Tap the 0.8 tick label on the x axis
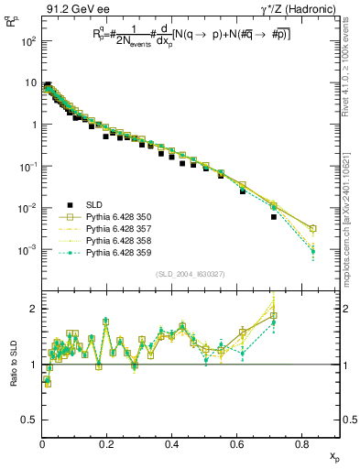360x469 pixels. [303, 447]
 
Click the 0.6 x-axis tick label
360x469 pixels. [238, 447]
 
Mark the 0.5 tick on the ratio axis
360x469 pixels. [30, 420]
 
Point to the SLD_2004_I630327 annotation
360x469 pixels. [191, 274]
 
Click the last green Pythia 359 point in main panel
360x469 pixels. [312, 251]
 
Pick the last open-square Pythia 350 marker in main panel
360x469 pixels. [312, 228]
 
